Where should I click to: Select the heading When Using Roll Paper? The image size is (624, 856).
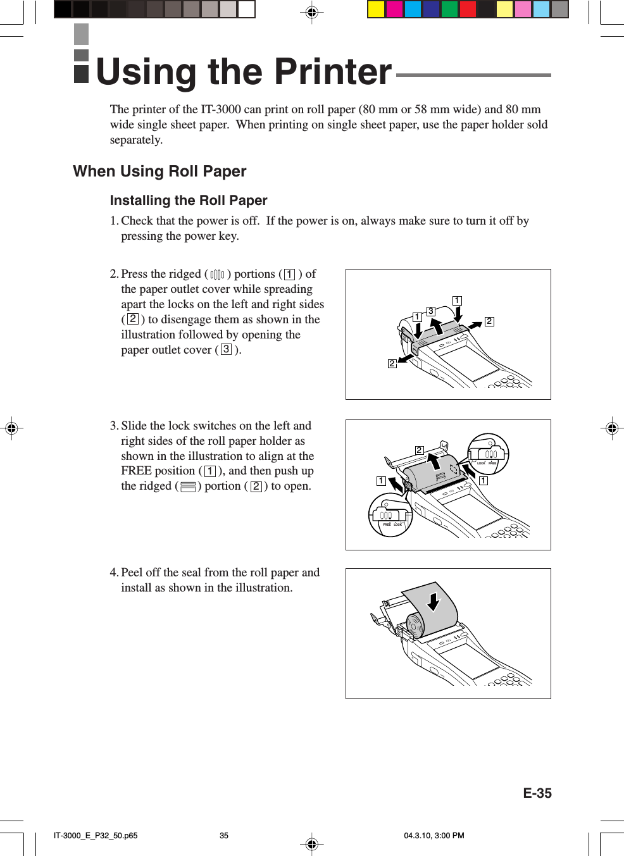point(159,171)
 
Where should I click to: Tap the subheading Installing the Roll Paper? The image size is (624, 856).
point(189,201)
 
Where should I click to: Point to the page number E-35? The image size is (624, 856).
point(537,793)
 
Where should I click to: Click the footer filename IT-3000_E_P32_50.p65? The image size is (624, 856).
point(96,836)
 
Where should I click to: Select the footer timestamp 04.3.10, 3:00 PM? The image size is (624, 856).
point(434,836)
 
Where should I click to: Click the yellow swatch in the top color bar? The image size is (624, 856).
point(376,9)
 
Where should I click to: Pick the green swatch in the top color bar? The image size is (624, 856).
point(449,9)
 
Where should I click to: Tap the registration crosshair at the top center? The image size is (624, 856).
point(311,12)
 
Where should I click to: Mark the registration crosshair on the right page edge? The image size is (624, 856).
point(611,428)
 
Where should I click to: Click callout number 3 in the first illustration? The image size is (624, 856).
point(431,311)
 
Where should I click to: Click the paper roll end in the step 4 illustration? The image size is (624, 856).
point(415,626)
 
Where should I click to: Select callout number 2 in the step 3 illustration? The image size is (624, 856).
point(419,450)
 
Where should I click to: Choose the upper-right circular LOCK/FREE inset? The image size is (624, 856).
point(488,454)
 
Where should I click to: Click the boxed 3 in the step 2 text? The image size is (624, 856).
point(226,349)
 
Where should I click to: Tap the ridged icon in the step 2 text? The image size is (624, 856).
point(217,275)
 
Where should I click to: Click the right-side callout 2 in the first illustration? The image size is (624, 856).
point(489,321)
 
